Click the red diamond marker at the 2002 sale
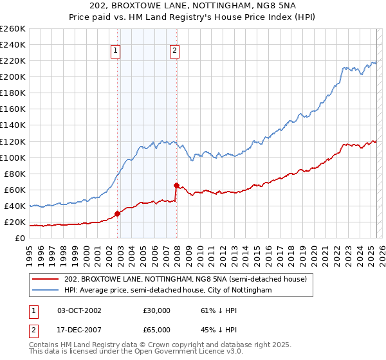coord(117,213)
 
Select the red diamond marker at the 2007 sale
coord(176,185)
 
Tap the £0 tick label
coord(21,238)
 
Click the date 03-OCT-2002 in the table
coord(79,310)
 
